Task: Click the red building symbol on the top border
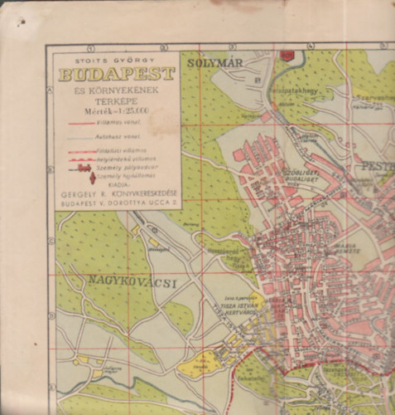pos(287,55)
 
